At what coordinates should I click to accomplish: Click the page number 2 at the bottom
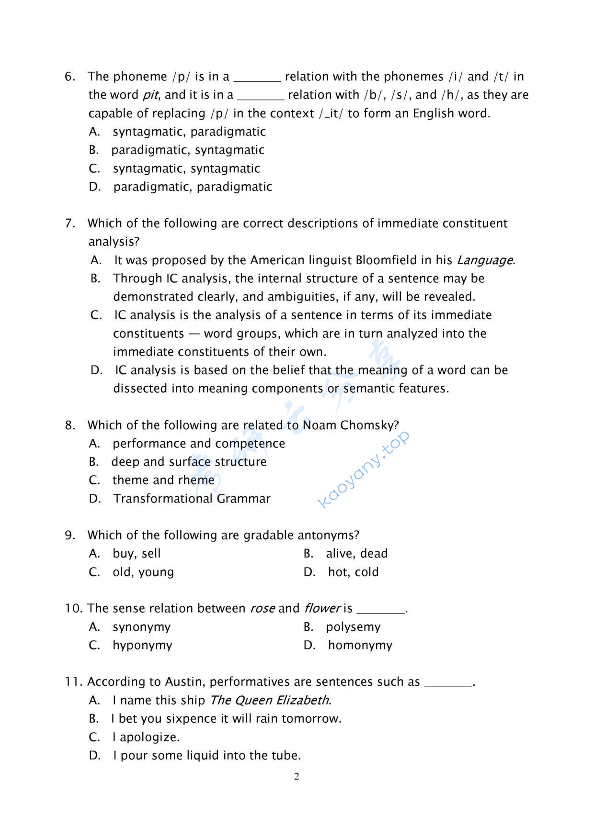click(297, 776)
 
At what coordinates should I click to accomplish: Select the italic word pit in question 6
click(150, 95)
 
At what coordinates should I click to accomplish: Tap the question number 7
click(70, 223)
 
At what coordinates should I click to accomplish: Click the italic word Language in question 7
click(485, 260)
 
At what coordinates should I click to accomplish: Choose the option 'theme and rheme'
click(163, 480)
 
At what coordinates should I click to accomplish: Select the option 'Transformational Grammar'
click(192, 499)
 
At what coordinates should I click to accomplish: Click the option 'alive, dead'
click(356, 554)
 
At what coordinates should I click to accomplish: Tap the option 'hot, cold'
click(353, 572)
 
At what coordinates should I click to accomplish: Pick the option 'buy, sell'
click(137, 554)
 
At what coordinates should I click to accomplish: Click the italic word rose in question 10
click(262, 609)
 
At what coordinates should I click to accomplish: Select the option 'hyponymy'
click(142, 645)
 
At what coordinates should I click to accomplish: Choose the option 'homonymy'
click(360, 645)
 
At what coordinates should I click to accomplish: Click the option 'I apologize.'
click(146, 737)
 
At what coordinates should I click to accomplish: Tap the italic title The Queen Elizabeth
click(270, 701)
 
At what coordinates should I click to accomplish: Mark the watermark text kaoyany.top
click(364, 469)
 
